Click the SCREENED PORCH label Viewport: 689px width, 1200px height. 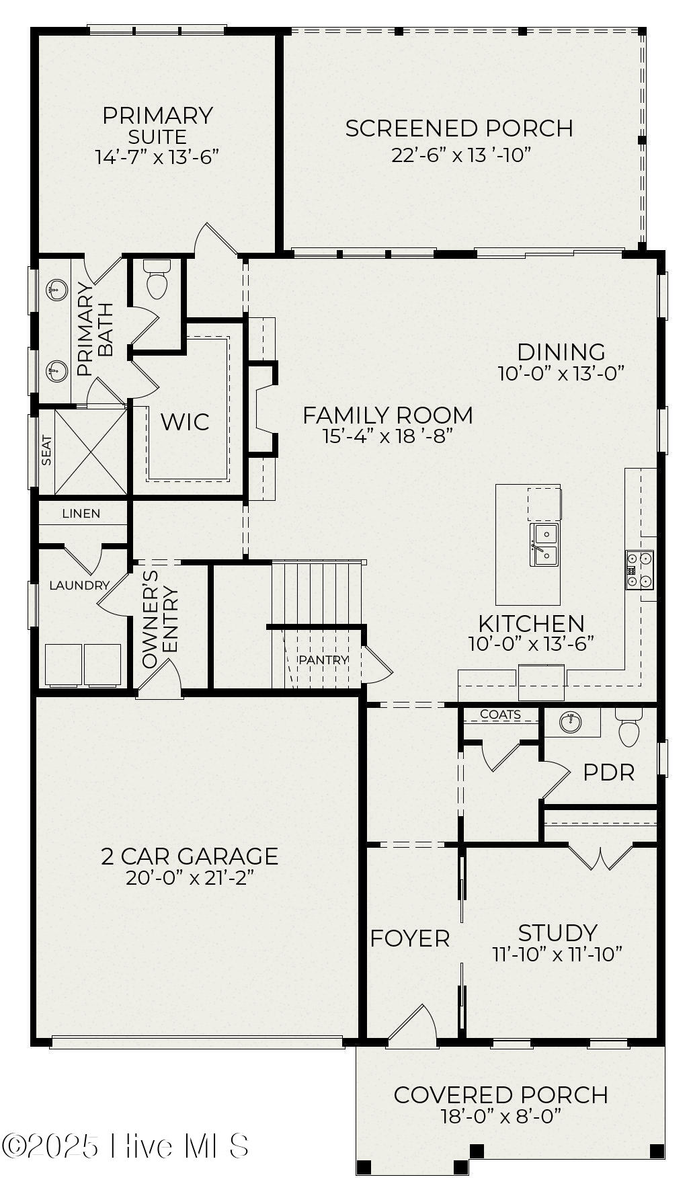459,128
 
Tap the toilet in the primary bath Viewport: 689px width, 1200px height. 157,282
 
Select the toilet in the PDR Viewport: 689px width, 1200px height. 629,731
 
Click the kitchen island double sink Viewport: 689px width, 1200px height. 545,545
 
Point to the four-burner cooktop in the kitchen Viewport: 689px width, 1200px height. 639,569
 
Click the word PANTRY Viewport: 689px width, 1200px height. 323,660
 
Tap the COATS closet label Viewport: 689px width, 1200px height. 500,715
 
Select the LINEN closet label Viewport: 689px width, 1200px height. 81,514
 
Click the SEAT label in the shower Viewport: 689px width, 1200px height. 46,450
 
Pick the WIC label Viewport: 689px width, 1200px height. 185,422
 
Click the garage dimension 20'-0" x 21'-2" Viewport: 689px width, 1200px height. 190,878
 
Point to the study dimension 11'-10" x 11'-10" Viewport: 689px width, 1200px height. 557,954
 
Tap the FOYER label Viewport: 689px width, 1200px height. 409,938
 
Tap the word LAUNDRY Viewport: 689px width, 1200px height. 79,586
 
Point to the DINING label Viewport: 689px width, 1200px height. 561,352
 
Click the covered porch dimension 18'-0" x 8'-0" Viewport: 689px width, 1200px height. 501,1117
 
